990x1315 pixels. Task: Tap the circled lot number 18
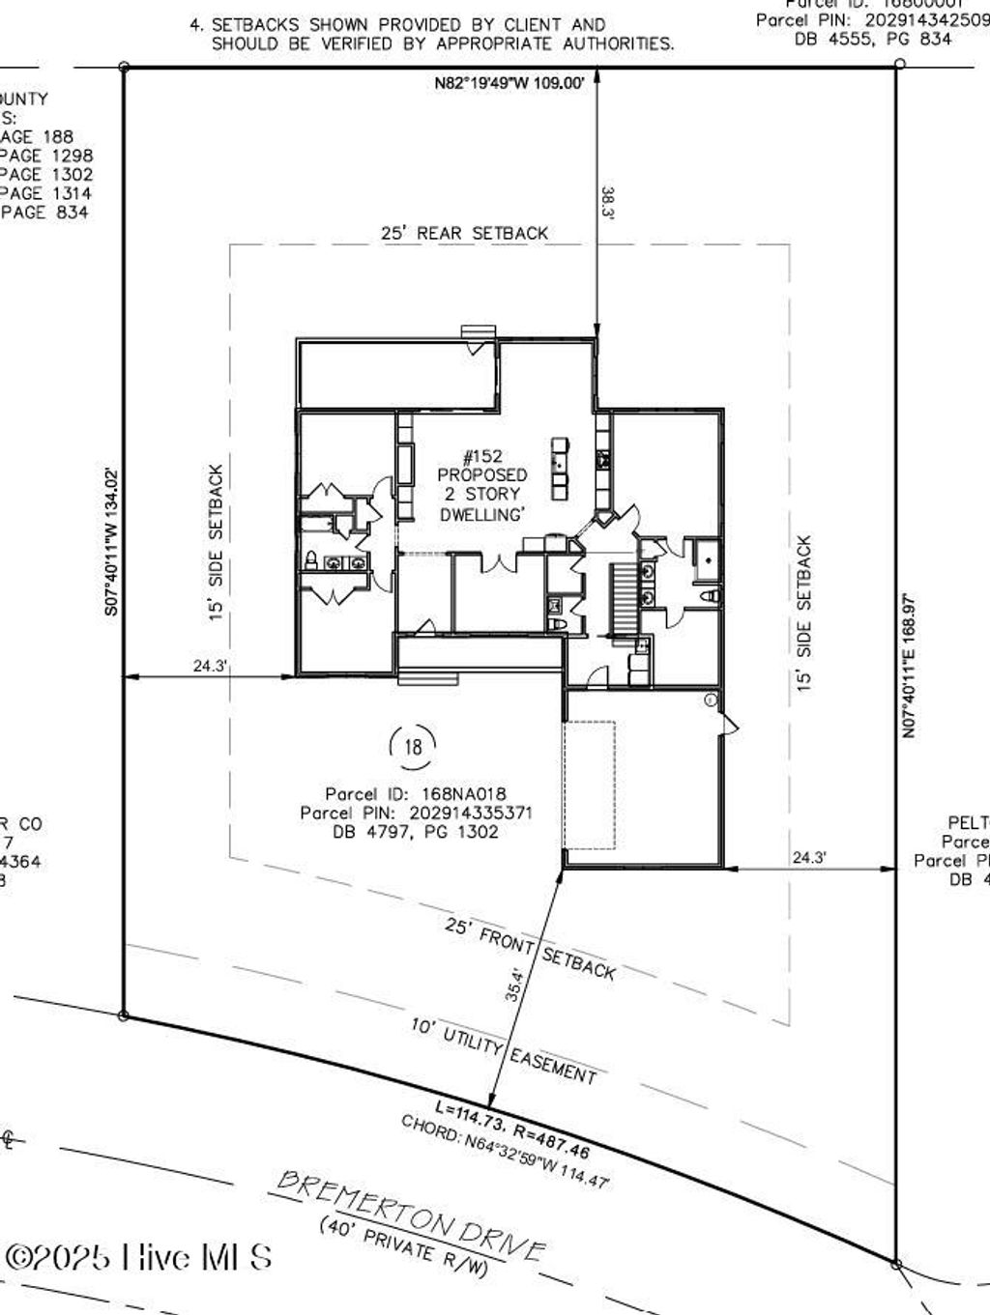click(413, 746)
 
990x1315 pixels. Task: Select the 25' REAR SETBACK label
click(464, 233)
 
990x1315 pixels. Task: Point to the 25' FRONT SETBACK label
click(530, 948)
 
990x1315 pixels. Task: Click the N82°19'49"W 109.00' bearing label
click(509, 84)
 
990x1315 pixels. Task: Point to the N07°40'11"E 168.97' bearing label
click(909, 666)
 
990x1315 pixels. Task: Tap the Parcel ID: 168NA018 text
click(416, 794)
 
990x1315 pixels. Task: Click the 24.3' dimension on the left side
click(210, 665)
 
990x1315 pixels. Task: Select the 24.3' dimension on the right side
click(808, 856)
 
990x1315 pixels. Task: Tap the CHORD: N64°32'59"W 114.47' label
click(506, 1152)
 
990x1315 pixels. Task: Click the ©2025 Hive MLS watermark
click(138, 1256)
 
